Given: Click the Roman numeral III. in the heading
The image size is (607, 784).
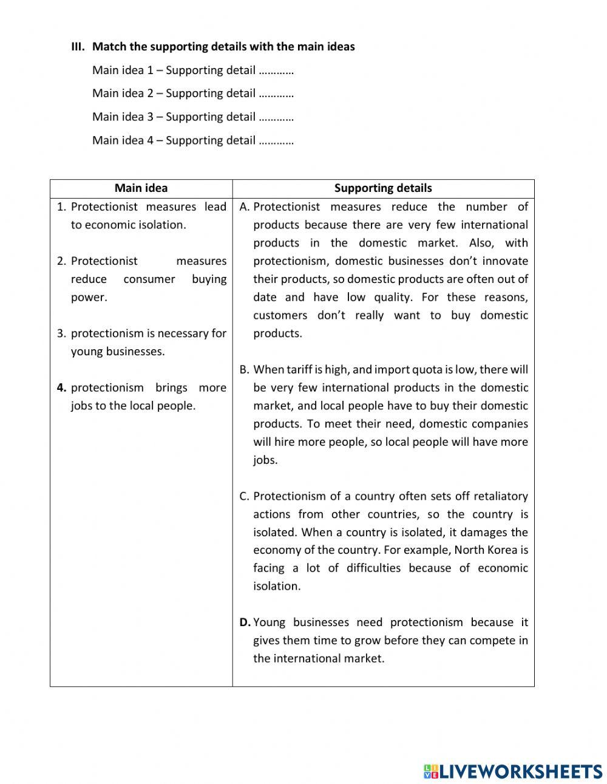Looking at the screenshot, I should (x=78, y=47).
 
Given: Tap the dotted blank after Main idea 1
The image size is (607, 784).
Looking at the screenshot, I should (x=276, y=70).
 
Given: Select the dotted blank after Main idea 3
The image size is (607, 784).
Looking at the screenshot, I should (x=276, y=117).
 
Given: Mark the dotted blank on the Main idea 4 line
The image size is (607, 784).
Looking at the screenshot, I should (x=276, y=141).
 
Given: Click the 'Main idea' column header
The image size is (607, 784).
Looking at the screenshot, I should (x=141, y=188).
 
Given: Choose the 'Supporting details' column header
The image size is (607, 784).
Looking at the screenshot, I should (x=383, y=188).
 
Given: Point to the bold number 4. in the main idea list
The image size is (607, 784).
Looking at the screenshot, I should (x=61, y=387).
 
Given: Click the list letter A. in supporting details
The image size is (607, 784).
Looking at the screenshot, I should (x=245, y=207).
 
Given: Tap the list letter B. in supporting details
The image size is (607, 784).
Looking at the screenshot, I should (x=245, y=370).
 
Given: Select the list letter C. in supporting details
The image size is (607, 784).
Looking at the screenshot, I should (x=245, y=496).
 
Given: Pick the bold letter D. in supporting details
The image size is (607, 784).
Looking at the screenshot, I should (x=245, y=622).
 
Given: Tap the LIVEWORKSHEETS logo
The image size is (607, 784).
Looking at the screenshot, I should (x=512, y=771).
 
